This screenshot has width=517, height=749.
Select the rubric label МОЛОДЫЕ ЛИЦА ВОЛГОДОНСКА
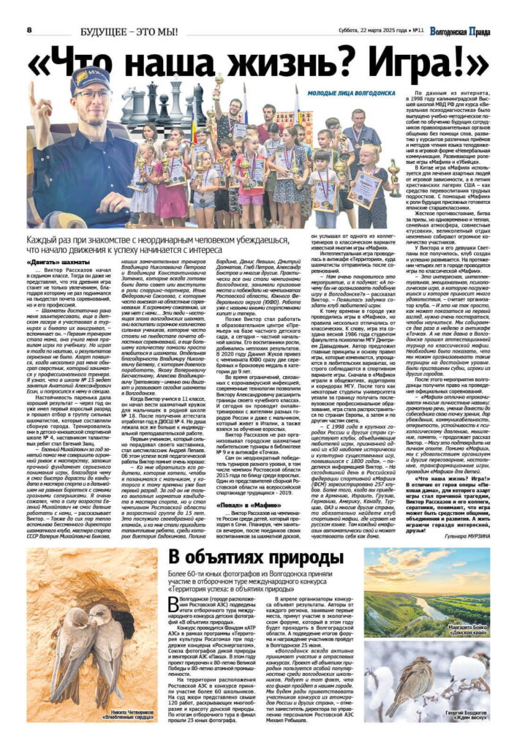350,93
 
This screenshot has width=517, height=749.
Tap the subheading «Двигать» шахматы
53,261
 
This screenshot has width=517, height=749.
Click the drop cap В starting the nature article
173,605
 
